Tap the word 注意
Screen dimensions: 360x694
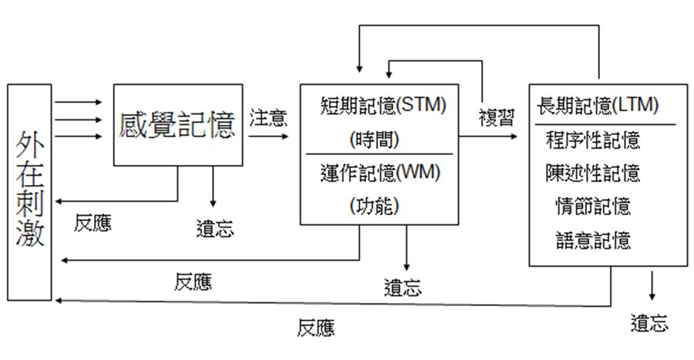[268, 118]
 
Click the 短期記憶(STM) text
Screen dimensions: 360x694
[383, 105]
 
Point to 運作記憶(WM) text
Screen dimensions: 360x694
[379, 173]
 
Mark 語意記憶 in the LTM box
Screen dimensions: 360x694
[593, 240]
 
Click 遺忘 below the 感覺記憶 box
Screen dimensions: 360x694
[215, 229]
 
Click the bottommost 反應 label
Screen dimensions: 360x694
[316, 329]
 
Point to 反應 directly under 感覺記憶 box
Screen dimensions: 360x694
[93, 224]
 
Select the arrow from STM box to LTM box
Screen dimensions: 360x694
[489, 137]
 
